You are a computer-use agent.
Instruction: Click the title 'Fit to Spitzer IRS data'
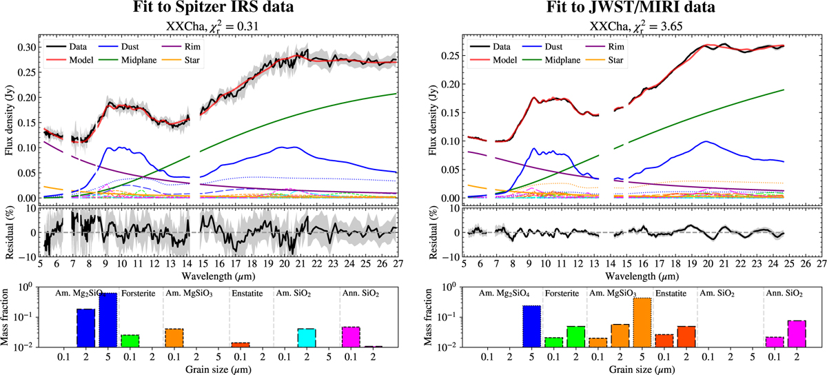click(x=214, y=7)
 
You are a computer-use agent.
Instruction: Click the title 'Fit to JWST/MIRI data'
click(x=631, y=7)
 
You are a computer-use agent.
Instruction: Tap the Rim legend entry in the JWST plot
click(x=605, y=47)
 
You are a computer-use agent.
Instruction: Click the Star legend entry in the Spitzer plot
click(x=181, y=60)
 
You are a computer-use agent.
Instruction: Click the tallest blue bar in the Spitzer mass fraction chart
click(x=108, y=320)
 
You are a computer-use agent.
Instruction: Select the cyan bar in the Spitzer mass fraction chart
click(x=307, y=338)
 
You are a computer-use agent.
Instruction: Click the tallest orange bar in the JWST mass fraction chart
click(x=642, y=322)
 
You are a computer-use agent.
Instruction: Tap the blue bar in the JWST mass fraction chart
click(x=531, y=326)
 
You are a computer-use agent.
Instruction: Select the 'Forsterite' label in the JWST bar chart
click(x=562, y=294)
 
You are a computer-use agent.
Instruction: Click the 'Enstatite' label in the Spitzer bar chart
click(x=247, y=294)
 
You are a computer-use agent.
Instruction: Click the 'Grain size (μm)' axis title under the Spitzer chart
click(x=218, y=369)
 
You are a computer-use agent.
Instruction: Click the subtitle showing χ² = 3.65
click(x=635, y=27)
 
